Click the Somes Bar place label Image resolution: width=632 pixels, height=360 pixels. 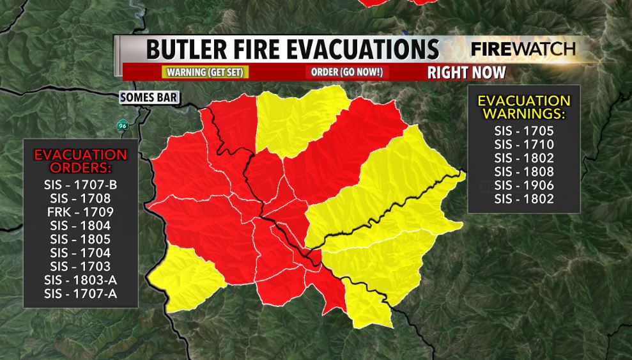(x=150, y=98)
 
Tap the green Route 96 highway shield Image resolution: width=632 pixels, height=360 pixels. (x=121, y=125)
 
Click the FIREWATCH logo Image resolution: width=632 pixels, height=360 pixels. (x=523, y=49)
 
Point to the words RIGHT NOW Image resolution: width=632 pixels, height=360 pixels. (x=466, y=72)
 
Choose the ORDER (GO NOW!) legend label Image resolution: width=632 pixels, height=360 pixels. (x=346, y=72)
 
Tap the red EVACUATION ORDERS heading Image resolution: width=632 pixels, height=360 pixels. (x=81, y=161)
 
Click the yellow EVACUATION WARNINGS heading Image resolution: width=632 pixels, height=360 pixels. (x=524, y=108)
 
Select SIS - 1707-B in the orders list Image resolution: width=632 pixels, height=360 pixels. (x=81, y=185)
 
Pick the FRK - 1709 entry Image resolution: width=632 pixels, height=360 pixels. (x=81, y=212)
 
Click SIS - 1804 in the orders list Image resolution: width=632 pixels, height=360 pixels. (x=81, y=225)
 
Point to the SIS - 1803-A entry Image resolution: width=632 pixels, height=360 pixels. (x=81, y=280)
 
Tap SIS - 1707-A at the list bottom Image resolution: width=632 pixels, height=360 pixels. (x=81, y=294)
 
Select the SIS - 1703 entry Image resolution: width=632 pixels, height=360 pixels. (x=81, y=267)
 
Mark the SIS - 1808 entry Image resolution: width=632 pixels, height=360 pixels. (x=524, y=171)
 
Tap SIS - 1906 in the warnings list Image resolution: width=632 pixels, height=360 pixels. (x=524, y=185)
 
